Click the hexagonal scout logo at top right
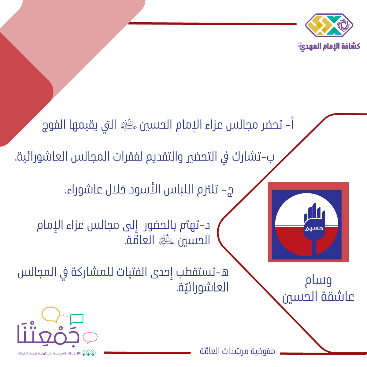tap(329, 25)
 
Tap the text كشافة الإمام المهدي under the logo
tap(329, 46)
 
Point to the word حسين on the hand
tap(314, 228)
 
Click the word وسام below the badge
tap(319, 281)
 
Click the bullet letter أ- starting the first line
tap(290, 124)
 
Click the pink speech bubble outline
tap(90, 338)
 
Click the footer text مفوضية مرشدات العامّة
tap(237, 351)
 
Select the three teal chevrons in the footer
tap(89, 353)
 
